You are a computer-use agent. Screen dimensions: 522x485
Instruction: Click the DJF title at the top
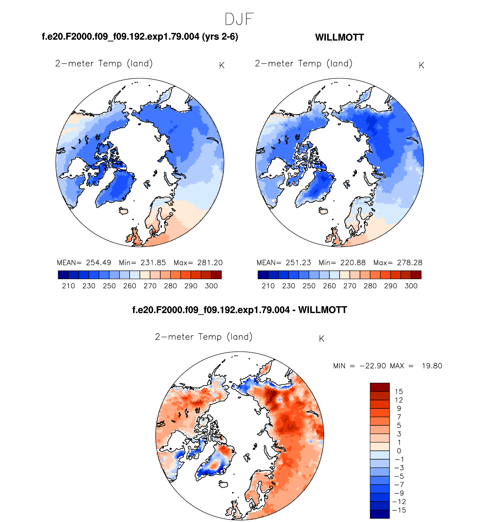(x=239, y=19)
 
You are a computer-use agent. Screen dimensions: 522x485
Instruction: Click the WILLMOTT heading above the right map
(x=339, y=37)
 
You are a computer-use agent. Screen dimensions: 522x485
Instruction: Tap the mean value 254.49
(x=98, y=263)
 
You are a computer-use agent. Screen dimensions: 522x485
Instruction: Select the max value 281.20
(x=210, y=263)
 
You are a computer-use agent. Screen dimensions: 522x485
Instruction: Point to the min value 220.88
(x=353, y=263)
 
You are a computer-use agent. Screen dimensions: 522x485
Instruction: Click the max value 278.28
(x=410, y=263)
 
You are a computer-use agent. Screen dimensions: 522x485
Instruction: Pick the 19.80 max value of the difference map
(x=432, y=366)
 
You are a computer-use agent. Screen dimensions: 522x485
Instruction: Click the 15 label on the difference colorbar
(x=399, y=392)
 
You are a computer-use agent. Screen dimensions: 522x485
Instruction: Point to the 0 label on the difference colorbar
(x=399, y=451)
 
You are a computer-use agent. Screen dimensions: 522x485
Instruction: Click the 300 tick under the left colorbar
(x=211, y=286)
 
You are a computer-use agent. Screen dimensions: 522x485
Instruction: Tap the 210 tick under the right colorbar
(x=268, y=286)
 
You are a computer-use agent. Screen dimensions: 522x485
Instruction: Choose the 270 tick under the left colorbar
(x=150, y=286)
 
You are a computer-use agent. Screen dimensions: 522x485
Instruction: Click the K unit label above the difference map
(x=321, y=339)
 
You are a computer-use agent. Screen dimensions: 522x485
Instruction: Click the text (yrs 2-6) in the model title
(x=220, y=37)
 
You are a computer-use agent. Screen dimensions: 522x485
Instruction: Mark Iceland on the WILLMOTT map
(x=323, y=211)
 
